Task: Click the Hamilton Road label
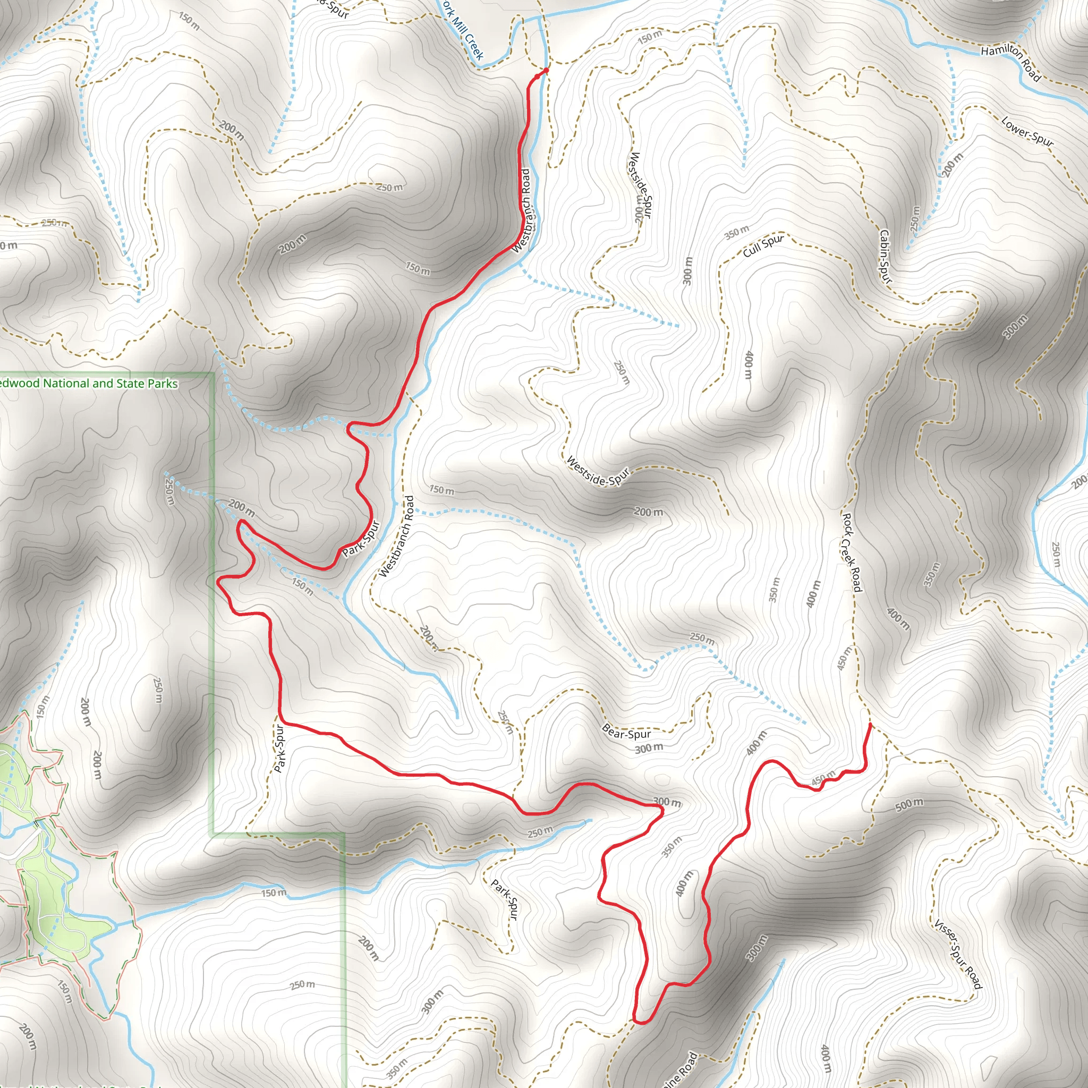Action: (x=1011, y=63)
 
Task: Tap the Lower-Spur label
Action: (x=1027, y=131)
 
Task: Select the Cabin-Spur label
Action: (x=885, y=256)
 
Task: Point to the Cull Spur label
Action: (x=763, y=245)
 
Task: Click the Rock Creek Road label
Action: (x=852, y=552)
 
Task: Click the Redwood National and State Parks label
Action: (x=89, y=384)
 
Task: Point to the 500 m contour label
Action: (x=909, y=805)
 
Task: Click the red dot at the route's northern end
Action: (x=546, y=71)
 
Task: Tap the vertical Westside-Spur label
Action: (x=641, y=186)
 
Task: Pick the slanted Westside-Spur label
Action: (x=598, y=471)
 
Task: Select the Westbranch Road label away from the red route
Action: (x=396, y=537)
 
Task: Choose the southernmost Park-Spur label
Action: (x=504, y=899)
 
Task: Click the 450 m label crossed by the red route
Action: (x=823, y=779)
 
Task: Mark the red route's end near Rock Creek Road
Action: (x=871, y=724)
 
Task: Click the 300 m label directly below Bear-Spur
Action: (x=649, y=749)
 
